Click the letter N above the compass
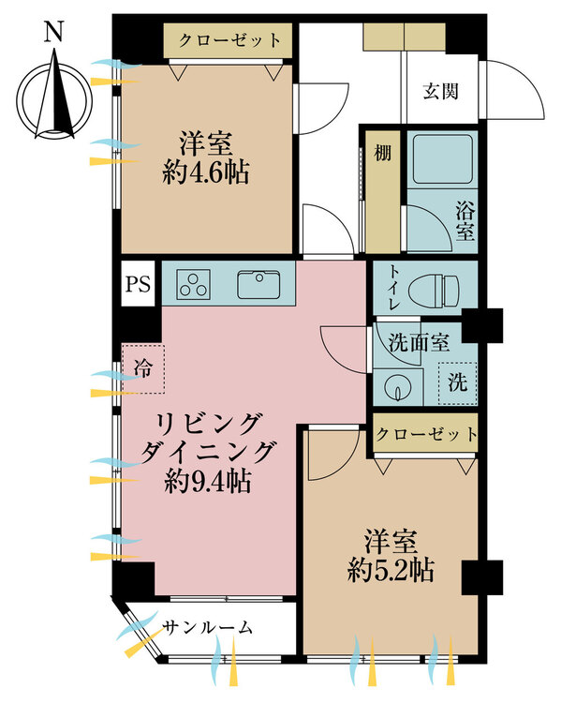[x=52, y=32]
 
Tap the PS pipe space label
[x=138, y=284]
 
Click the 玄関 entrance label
[x=441, y=92]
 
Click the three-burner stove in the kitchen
[x=194, y=284]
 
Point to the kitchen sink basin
[x=259, y=284]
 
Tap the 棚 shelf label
[x=383, y=153]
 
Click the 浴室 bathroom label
[x=465, y=221]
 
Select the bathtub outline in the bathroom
[x=443, y=158]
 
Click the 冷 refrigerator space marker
[x=143, y=369]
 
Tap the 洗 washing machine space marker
[x=457, y=382]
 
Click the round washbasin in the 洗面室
[x=397, y=387]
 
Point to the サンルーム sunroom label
[x=207, y=627]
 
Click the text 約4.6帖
[x=206, y=172]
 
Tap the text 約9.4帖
[x=207, y=481]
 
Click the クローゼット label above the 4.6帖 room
[x=229, y=40]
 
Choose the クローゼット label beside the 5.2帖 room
[x=426, y=434]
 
